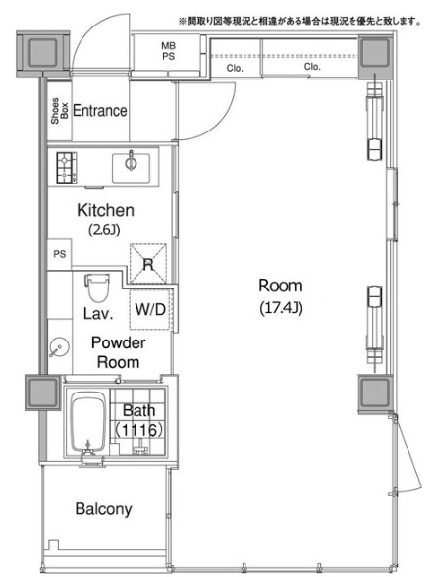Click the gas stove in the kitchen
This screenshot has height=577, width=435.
67,168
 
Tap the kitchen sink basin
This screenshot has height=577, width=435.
131,168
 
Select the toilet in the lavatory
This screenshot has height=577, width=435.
97,288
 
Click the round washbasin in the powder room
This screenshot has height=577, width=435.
59,347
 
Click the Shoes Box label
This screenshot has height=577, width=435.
60,110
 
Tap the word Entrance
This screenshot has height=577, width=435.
100,110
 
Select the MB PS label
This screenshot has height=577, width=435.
168,51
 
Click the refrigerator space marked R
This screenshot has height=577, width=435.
148,263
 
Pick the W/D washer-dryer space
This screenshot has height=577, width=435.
150,309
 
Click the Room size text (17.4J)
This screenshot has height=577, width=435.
281,308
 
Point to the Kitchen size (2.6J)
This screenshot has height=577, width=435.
104,230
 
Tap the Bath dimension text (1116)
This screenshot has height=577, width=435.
138,430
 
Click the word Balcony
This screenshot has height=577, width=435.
103,509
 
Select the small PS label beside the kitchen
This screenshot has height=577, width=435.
60,254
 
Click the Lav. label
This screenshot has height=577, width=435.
98,314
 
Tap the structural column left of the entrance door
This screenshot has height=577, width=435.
43,54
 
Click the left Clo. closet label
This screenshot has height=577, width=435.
235,68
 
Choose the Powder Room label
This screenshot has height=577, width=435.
118,352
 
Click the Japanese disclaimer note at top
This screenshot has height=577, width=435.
300,22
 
